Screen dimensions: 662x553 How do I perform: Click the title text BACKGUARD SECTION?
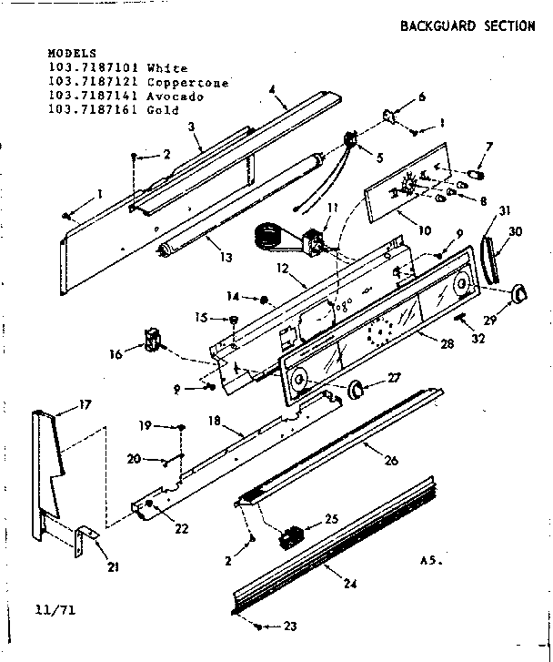point(468,25)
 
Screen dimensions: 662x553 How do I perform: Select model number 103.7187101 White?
point(117,68)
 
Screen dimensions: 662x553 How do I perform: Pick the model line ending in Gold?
point(113,109)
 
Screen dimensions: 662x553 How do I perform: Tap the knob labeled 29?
point(518,292)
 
